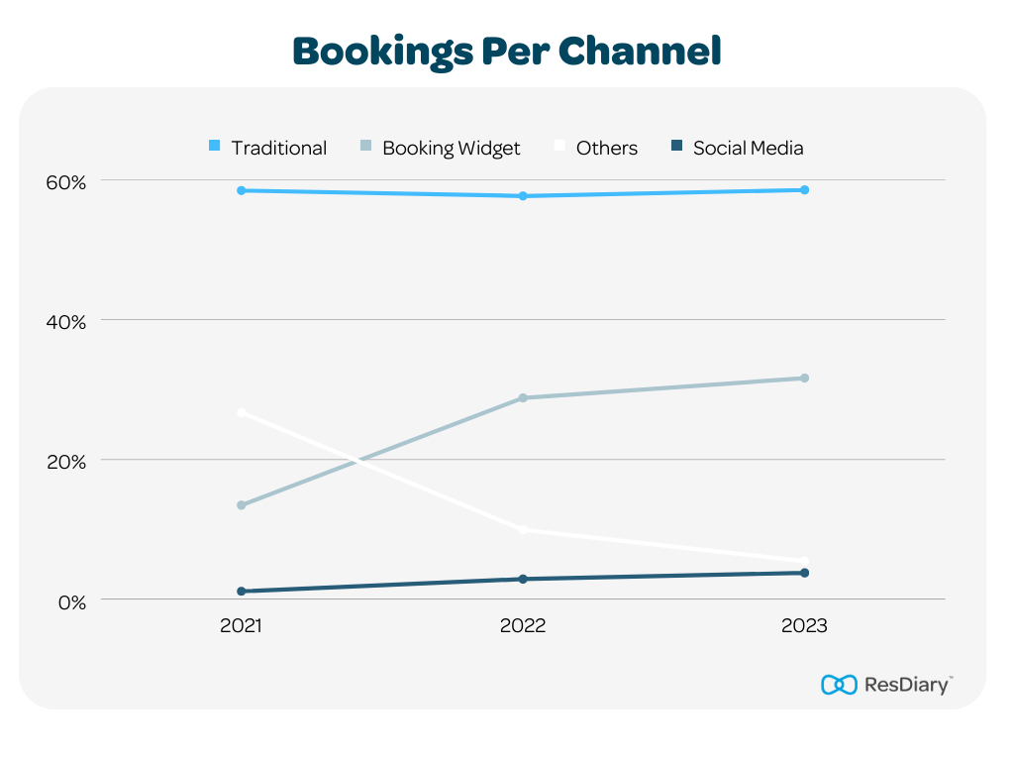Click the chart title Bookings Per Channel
[x=506, y=51]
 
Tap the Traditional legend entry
[x=267, y=148]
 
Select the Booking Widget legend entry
[x=440, y=148]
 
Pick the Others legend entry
[x=595, y=148]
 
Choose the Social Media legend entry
[x=737, y=148]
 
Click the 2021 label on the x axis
[x=241, y=626]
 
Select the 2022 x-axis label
[x=523, y=626]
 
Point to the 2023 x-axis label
[x=804, y=626]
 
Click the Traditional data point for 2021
[x=241, y=190]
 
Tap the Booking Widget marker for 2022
[x=523, y=398]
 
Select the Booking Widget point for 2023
[x=804, y=379]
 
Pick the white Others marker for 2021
[x=241, y=412]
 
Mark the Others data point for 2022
[x=523, y=530]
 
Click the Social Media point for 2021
[x=241, y=592]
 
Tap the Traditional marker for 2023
[x=804, y=190]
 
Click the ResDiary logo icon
[x=839, y=685]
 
